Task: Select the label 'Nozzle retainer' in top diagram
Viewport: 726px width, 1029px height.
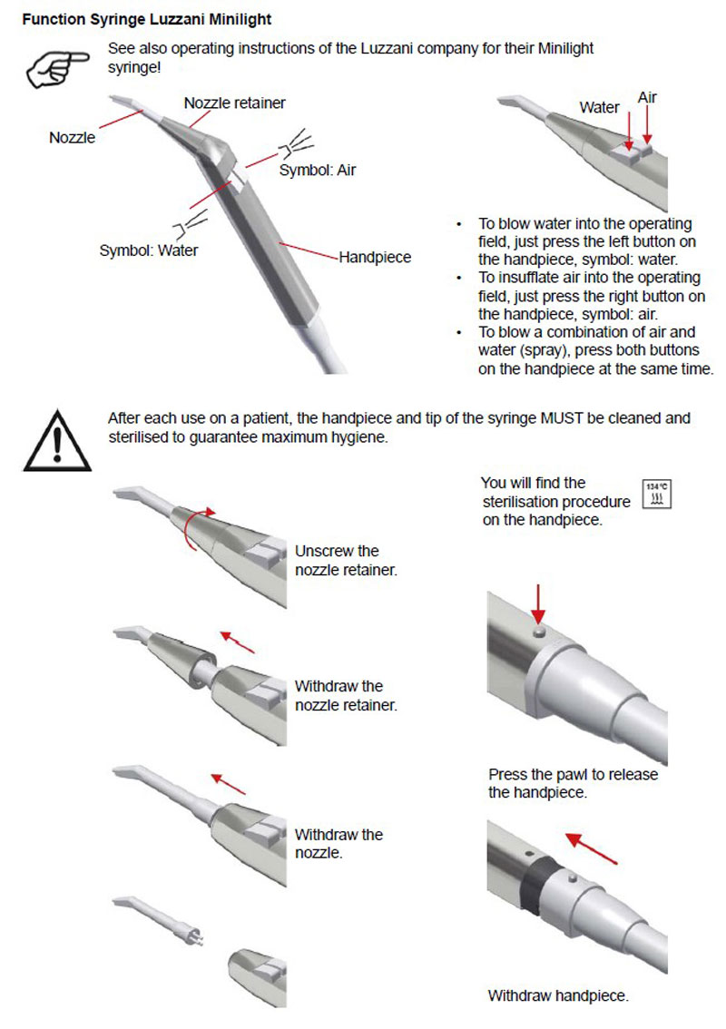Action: (234, 103)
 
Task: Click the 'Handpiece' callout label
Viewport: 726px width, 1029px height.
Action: (375, 258)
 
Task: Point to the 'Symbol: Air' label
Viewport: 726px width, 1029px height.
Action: (317, 170)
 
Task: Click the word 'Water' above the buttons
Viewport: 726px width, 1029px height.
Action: (599, 107)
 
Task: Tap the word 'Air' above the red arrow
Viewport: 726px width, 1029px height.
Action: (647, 97)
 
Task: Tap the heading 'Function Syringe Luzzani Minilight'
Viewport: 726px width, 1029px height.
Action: (146, 18)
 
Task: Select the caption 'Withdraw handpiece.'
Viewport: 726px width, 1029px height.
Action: (558, 995)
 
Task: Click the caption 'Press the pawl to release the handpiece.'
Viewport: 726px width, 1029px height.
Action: (573, 783)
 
